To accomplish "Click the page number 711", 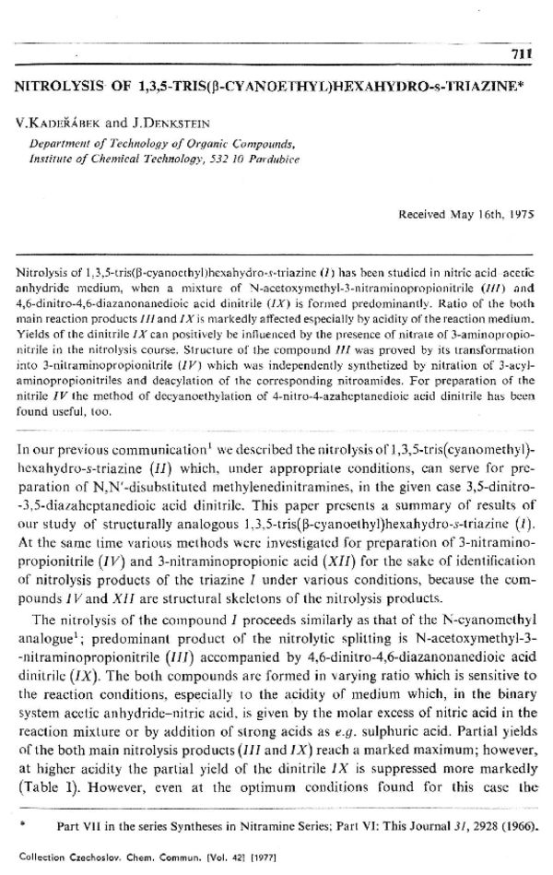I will (522, 54).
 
